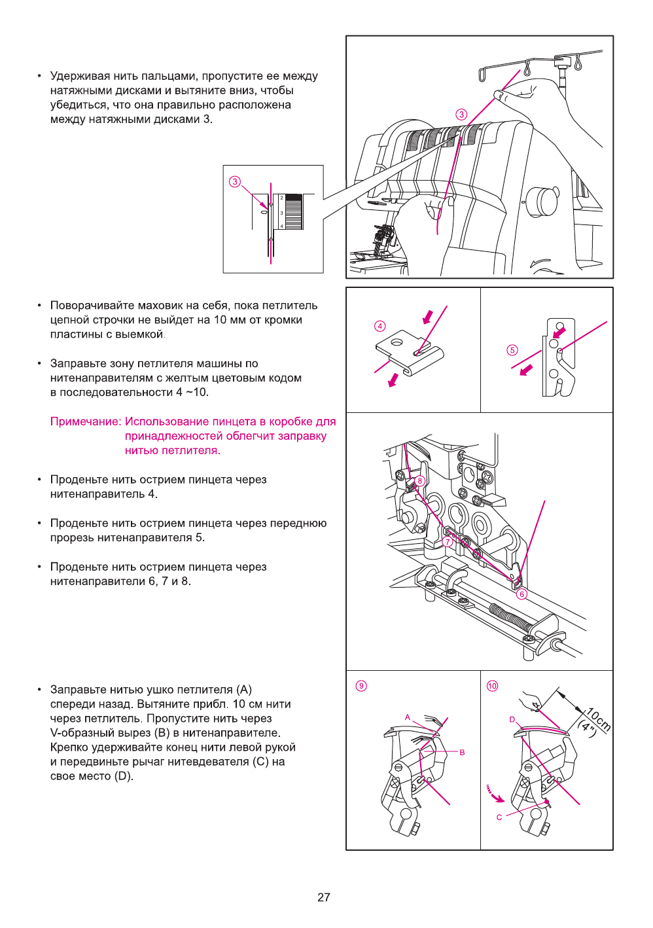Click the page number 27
[324, 897]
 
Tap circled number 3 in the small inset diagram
[235, 181]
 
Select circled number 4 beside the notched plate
[380, 326]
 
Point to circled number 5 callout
[512, 350]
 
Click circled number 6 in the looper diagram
[521, 594]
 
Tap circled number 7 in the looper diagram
[448, 542]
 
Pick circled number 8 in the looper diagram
[420, 480]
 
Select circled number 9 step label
[361, 686]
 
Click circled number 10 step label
[492, 686]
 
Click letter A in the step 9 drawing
[408, 717]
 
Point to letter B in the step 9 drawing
[462, 753]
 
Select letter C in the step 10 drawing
[499, 817]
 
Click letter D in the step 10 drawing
[512, 719]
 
